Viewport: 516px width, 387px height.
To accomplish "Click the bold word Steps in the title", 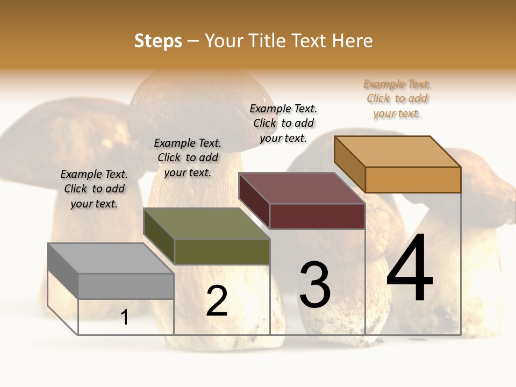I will pyautogui.click(x=158, y=41).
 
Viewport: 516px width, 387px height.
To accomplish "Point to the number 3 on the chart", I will pyautogui.click(x=315, y=285).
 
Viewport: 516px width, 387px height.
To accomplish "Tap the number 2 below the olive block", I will pyautogui.click(x=217, y=301).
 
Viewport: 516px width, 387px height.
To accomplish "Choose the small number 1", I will pyautogui.click(x=125, y=318).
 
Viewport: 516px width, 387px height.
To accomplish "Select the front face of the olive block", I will pyautogui.click(x=222, y=252).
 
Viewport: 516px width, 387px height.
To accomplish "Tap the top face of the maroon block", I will pyautogui.click(x=302, y=188).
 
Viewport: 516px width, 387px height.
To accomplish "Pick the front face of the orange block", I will pyautogui.click(x=413, y=180).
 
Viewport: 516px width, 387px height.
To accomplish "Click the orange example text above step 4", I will pyautogui.click(x=397, y=99).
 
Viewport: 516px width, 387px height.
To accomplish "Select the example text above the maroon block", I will pyautogui.click(x=283, y=123).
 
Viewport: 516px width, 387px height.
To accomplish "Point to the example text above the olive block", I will pyautogui.click(x=188, y=157).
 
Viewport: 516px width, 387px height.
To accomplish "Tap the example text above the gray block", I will pyautogui.click(x=94, y=189).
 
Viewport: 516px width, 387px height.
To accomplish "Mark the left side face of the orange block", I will pyautogui.click(x=349, y=163).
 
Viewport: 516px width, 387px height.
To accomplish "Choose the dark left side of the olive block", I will pyautogui.click(x=159, y=235).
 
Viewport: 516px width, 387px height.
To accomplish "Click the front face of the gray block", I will pyautogui.click(x=126, y=286).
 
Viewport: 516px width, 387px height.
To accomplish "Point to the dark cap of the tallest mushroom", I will pyautogui.click(x=193, y=97).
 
